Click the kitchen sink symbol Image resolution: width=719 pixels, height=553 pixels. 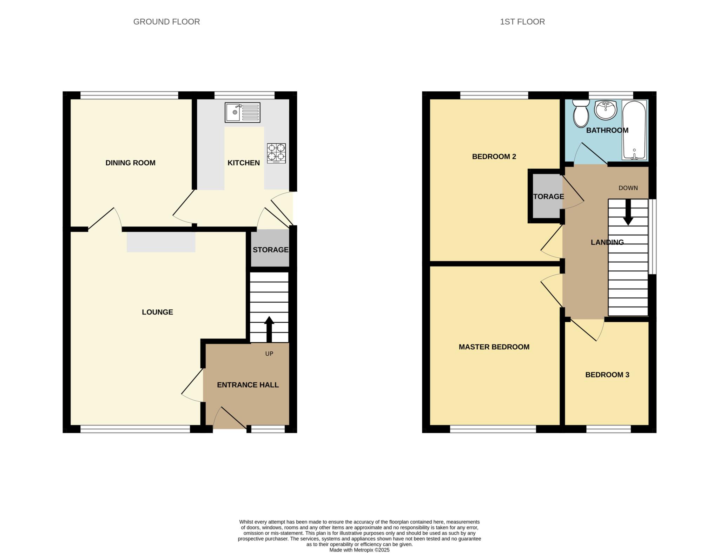click(242, 112)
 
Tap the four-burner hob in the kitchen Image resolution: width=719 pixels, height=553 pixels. click(276, 153)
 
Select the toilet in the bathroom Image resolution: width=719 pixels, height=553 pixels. click(581, 113)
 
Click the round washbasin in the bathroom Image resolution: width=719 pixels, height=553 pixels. click(606, 110)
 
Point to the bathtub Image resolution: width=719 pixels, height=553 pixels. click(634, 130)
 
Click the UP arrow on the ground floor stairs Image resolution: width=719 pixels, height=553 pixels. click(269, 329)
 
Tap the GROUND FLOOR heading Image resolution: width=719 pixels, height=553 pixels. click(166, 22)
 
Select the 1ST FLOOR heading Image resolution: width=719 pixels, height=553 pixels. click(522, 22)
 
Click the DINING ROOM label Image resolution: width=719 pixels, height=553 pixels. click(130, 163)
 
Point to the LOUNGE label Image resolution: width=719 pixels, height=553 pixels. click(157, 312)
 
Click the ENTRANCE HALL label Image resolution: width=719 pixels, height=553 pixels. click(248, 385)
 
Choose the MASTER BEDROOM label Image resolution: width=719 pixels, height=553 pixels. click(494, 347)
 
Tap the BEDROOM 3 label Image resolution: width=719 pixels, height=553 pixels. click(607, 375)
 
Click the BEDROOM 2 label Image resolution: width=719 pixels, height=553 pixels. click(494, 157)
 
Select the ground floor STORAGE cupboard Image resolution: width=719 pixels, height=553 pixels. click(270, 249)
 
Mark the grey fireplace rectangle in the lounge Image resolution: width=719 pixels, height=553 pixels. click(161, 242)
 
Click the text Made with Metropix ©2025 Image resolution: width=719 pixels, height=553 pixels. click(359, 550)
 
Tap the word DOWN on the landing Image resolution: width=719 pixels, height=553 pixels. click(628, 188)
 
